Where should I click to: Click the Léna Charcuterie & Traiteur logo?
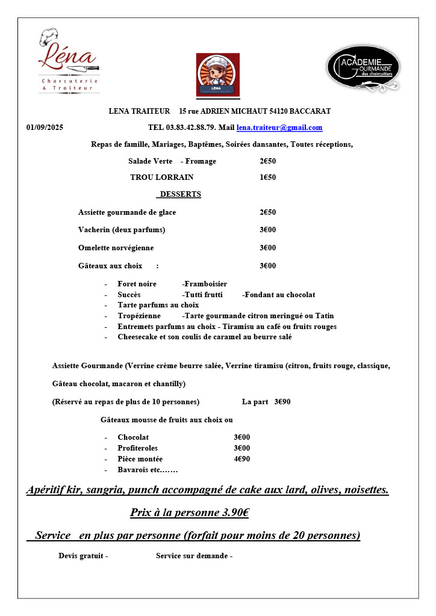pyautogui.click(x=68, y=61)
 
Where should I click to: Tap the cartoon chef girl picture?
pyautogui.click(x=218, y=75)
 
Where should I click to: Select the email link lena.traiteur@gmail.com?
pyautogui.click(x=279, y=128)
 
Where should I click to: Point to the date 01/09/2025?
pyautogui.click(x=45, y=128)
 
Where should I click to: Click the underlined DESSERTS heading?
pyautogui.click(x=180, y=194)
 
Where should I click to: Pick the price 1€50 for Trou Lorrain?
pyautogui.click(x=268, y=177)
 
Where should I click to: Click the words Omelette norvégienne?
pyautogui.click(x=116, y=248)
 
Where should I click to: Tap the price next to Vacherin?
pyautogui.click(x=268, y=230)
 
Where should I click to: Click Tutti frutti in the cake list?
pyautogui.click(x=203, y=295)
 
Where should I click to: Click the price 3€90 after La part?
pyautogui.click(x=282, y=402)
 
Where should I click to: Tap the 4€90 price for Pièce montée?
pyautogui.click(x=242, y=459)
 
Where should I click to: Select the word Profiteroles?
pyautogui.click(x=137, y=448)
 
